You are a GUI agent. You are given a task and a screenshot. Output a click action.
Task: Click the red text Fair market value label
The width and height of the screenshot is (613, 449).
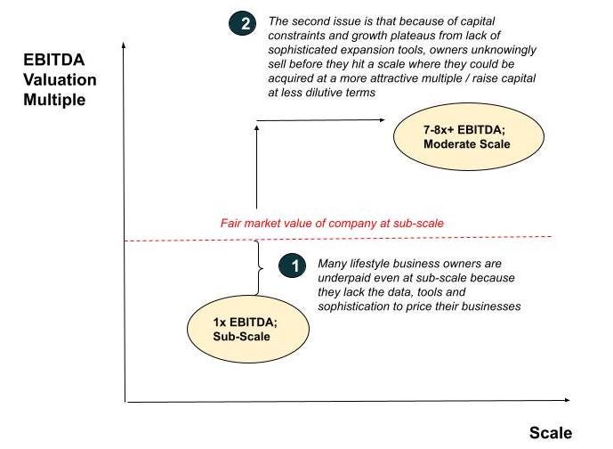[x=332, y=223]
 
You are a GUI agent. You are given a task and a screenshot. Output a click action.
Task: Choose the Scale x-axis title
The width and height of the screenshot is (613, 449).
[x=551, y=433]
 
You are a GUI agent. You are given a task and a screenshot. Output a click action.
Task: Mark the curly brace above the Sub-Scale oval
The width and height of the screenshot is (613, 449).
[x=259, y=267]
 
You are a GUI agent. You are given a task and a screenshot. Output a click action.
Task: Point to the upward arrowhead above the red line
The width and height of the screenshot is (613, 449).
[x=256, y=126]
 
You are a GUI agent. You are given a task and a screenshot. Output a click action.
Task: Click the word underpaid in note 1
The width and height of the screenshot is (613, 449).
[x=343, y=278]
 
